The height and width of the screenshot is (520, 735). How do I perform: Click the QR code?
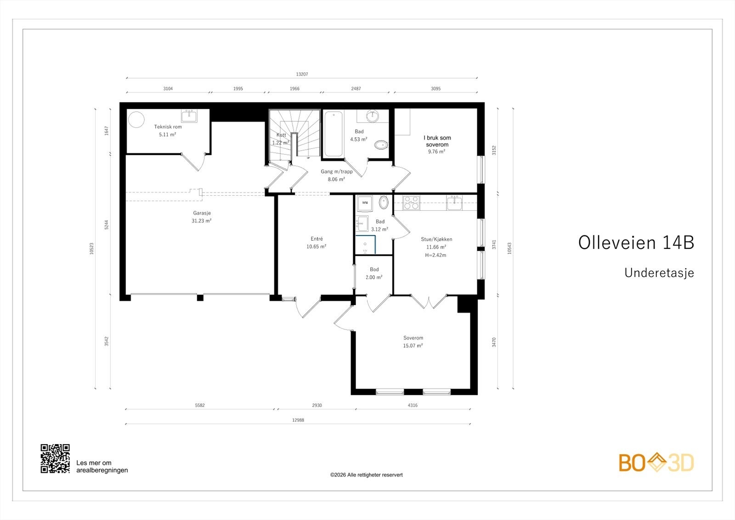(x=55, y=458)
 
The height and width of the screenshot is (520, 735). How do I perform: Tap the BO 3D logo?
(x=656, y=463)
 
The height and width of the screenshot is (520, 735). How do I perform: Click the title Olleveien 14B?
(x=636, y=243)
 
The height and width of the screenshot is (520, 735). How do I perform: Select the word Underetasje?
(x=659, y=273)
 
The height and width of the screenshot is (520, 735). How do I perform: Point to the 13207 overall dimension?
(x=302, y=74)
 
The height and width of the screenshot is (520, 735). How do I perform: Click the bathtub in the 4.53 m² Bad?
(x=333, y=134)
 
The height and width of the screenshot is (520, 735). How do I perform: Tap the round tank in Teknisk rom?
(x=136, y=119)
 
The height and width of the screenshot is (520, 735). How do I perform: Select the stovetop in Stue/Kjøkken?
(x=411, y=203)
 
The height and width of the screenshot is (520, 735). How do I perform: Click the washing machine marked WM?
(x=365, y=203)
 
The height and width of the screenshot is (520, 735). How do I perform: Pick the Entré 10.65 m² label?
(x=317, y=243)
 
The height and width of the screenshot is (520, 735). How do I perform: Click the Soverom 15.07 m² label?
(x=413, y=342)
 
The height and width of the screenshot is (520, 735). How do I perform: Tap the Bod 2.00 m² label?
(x=374, y=273)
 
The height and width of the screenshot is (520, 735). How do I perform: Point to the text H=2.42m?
(x=435, y=255)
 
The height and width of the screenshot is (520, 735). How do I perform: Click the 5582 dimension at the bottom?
(x=200, y=405)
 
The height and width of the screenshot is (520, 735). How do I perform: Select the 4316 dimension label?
(x=413, y=405)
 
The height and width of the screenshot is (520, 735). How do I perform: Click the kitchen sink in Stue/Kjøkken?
(x=455, y=203)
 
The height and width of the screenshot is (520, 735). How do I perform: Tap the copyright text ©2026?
(x=366, y=475)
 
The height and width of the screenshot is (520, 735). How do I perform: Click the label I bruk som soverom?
(x=437, y=141)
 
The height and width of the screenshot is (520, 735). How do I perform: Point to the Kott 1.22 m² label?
(x=281, y=139)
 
